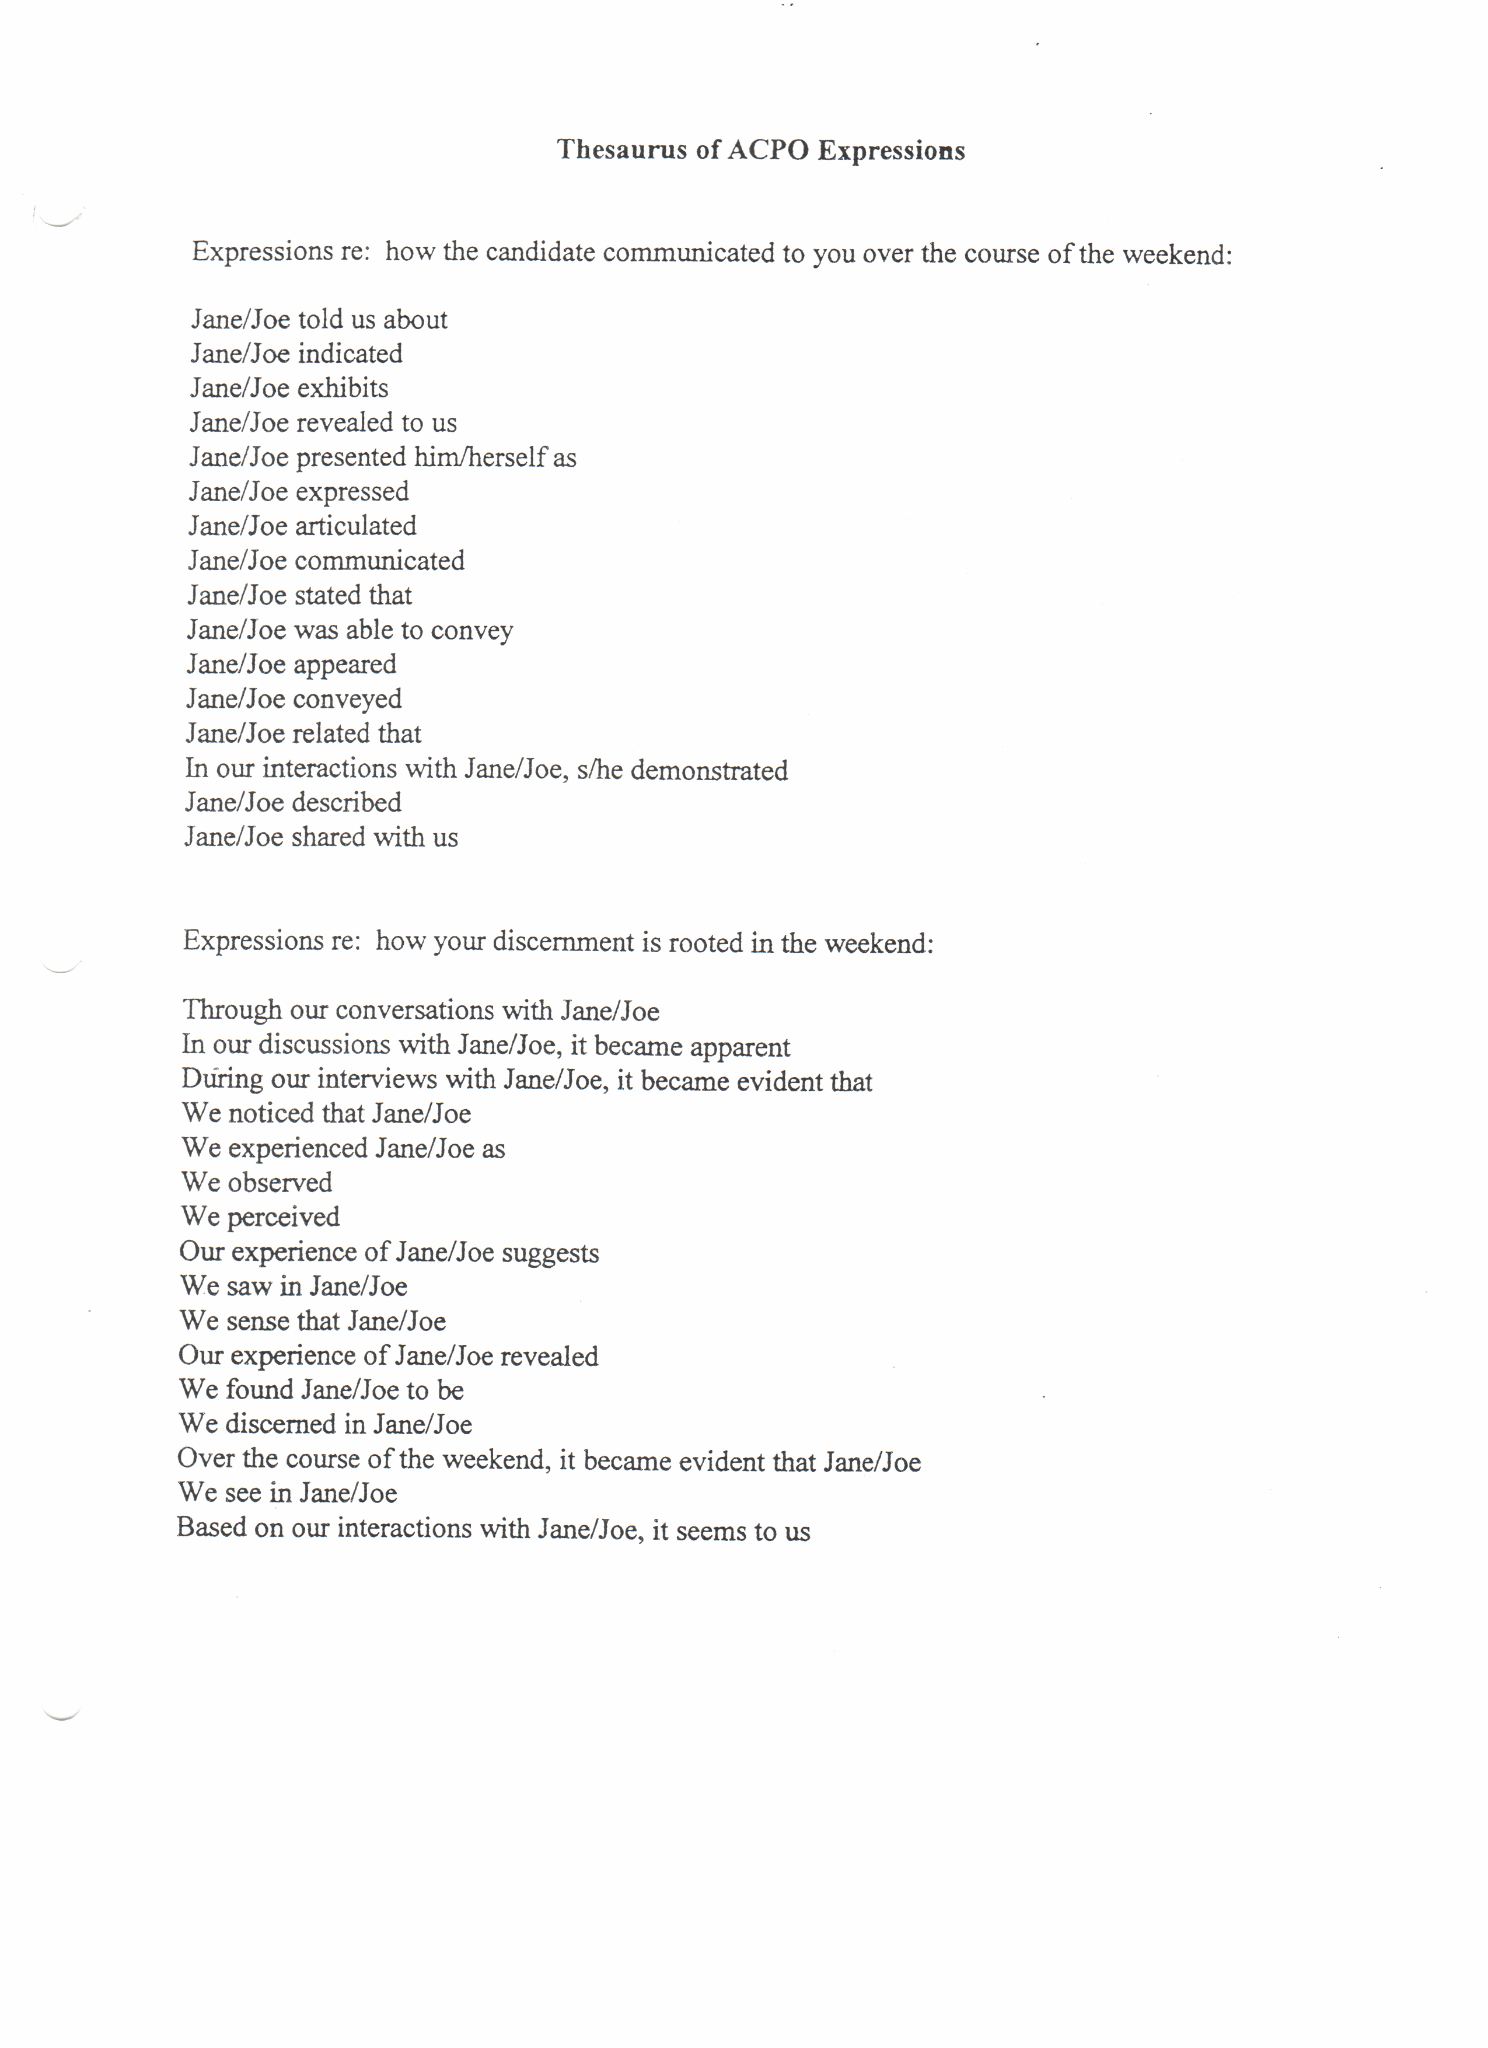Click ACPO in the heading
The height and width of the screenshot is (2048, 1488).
pyautogui.click(x=767, y=150)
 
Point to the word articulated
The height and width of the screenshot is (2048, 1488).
pyautogui.click(x=356, y=526)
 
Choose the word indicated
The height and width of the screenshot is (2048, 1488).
pyautogui.click(x=350, y=354)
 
